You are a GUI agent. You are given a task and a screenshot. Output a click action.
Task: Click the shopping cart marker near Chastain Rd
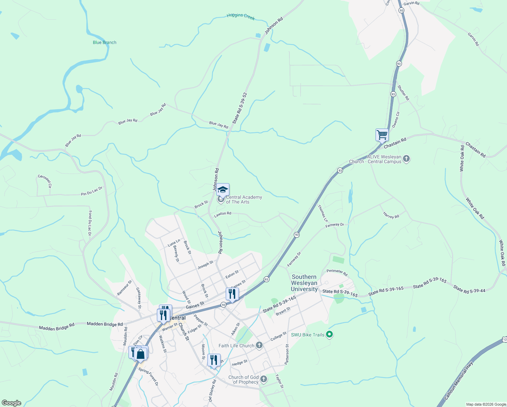(382, 135)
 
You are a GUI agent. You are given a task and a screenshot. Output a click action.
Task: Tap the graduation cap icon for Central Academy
(223, 190)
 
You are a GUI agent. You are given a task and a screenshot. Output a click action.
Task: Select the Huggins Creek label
(241, 16)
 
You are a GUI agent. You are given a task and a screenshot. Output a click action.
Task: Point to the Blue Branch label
(104, 42)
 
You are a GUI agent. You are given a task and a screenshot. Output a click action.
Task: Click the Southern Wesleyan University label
(304, 283)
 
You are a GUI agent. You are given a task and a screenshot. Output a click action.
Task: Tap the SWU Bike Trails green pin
(329, 335)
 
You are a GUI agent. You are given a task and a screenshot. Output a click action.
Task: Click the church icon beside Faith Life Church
(259, 345)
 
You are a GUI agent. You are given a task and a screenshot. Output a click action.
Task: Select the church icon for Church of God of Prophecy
(264, 379)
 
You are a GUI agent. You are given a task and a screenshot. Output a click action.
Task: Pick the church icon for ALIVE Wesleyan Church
(406, 159)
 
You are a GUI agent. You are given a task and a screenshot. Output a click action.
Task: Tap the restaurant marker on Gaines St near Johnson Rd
(232, 294)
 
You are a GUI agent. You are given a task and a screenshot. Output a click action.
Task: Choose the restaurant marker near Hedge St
(214, 360)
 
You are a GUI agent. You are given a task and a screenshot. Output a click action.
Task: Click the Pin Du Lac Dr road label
(92, 192)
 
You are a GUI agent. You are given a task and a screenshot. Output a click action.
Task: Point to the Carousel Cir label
(45, 181)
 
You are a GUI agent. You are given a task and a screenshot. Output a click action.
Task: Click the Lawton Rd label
(223, 214)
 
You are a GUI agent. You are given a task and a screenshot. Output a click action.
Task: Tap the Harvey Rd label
(391, 215)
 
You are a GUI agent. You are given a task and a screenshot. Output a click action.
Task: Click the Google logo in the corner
(12, 403)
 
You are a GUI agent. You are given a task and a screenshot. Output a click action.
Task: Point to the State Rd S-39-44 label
(469, 289)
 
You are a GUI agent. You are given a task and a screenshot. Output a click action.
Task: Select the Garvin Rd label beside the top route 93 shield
(411, 3)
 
